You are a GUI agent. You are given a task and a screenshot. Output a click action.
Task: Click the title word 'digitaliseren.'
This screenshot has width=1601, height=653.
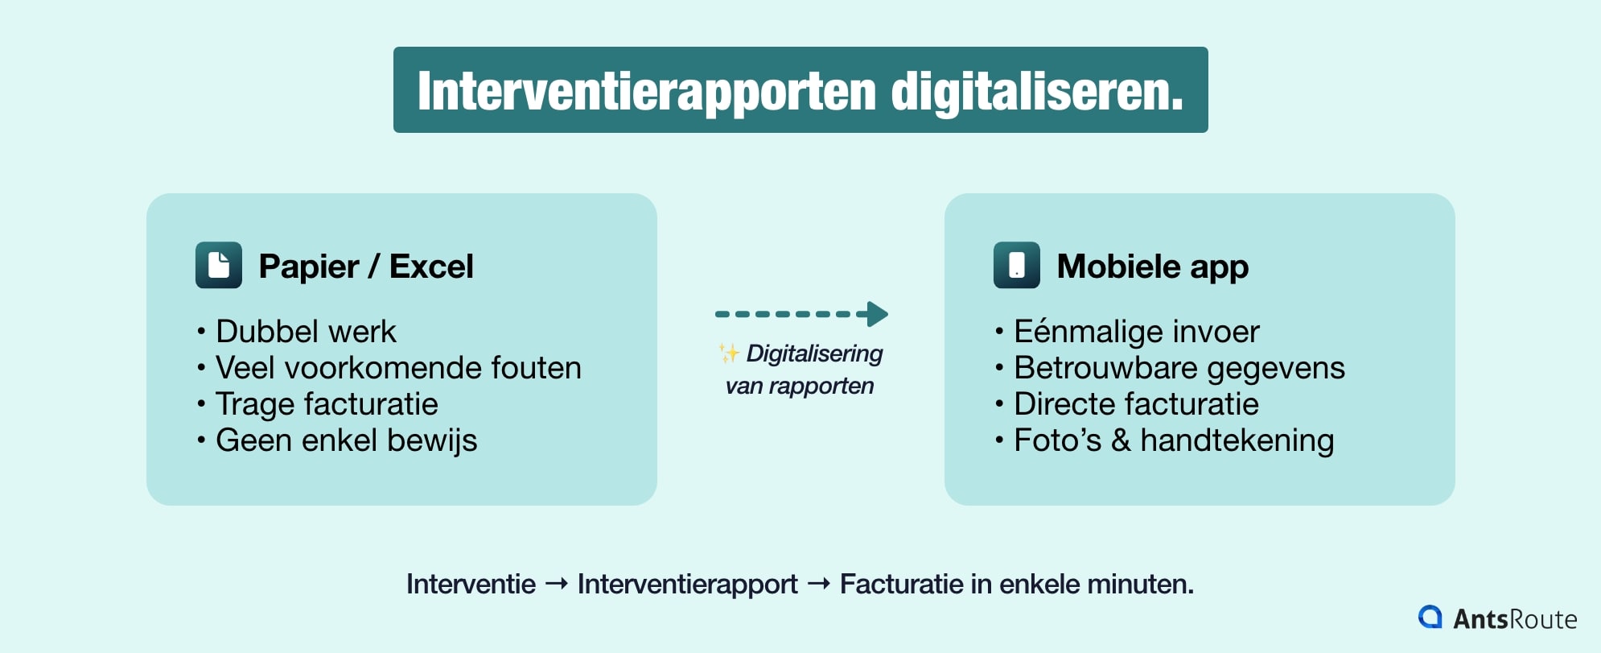coord(1037,92)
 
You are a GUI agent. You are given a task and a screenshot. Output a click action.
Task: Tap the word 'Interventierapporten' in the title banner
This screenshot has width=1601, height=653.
coord(646,92)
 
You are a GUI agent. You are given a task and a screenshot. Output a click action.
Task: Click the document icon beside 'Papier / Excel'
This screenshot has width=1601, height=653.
coord(219,265)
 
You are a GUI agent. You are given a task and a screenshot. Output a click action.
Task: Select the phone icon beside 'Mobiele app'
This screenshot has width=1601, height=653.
coord(1017,265)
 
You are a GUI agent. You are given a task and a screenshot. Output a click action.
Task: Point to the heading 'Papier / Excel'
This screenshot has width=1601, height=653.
coord(366,267)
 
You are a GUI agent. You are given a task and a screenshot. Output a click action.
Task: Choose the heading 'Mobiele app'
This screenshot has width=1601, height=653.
coord(1152,267)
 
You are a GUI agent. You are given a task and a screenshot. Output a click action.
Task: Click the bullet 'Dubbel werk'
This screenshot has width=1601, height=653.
coord(306,332)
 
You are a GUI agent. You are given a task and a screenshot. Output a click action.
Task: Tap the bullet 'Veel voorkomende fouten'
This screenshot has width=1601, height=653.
coord(398,368)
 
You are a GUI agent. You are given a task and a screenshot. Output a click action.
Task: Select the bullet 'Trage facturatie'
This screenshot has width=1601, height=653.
coord(327,404)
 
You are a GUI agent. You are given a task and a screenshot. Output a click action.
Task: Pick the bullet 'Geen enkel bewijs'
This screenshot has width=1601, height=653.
coord(346,440)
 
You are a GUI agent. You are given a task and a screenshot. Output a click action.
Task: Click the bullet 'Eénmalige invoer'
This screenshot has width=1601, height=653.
coord(1136,332)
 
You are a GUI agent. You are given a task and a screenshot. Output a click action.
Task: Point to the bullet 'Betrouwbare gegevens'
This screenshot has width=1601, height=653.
coord(1179,368)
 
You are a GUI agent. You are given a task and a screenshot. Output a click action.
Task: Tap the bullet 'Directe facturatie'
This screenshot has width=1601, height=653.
coord(1136,404)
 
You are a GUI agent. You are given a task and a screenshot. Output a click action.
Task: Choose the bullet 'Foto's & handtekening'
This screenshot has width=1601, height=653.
coord(1174,440)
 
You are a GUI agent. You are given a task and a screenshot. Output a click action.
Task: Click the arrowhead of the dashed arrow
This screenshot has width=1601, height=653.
coord(877,314)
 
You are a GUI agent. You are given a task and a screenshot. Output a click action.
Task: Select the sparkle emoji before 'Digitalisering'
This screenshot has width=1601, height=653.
coord(729,353)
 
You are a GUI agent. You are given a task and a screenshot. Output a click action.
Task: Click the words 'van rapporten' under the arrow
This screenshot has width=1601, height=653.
coord(799,386)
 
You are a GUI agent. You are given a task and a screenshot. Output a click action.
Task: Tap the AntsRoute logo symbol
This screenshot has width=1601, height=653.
coord(1430,617)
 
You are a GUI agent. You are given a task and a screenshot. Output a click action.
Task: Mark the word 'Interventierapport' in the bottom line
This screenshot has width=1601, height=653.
coord(687,584)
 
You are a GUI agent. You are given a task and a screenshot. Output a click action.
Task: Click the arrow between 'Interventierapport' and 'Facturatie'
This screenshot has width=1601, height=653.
coord(818,584)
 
